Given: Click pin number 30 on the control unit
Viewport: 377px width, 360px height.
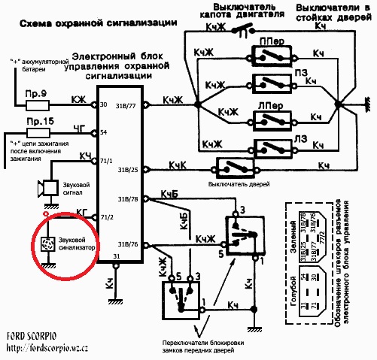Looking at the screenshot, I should coord(102,104).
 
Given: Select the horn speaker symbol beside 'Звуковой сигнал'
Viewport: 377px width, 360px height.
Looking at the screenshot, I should coord(49,186).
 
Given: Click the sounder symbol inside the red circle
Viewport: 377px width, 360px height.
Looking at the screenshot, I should coord(47,245).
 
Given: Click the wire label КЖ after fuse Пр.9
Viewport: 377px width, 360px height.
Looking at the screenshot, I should coord(78,99).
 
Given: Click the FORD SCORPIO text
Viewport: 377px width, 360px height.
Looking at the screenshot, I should coord(35,336).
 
